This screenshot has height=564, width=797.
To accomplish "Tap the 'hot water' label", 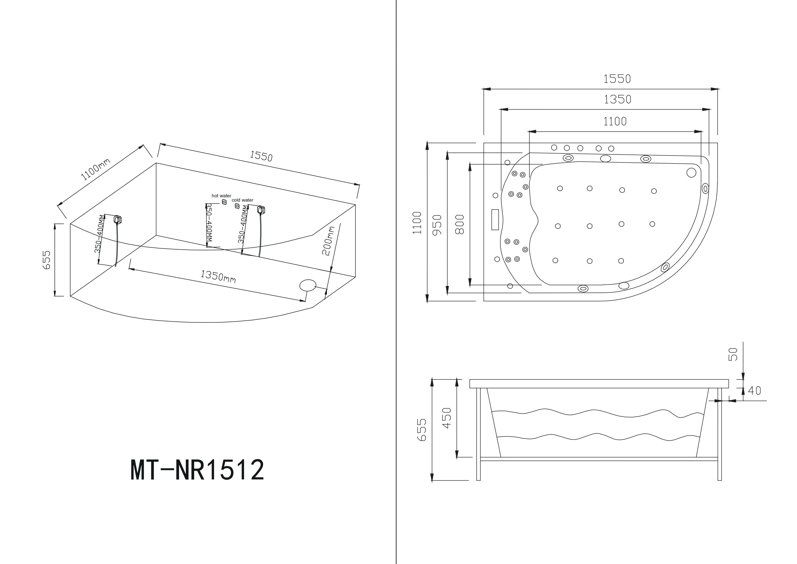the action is tap(222, 196).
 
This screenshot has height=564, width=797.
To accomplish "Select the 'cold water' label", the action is tap(243, 200).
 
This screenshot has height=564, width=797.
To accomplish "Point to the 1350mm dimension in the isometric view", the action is tap(218, 276).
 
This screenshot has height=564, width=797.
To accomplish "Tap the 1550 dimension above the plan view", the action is tap(617, 79).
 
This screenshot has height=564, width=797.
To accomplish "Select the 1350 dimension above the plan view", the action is tap(618, 99).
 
